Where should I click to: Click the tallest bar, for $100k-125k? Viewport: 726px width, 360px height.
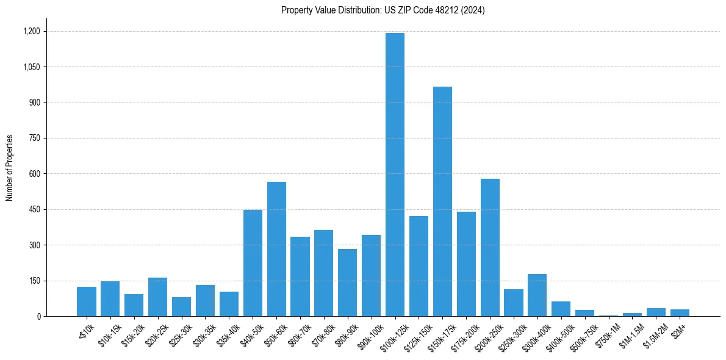click(x=395, y=175)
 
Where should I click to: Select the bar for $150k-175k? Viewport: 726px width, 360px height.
click(x=442, y=201)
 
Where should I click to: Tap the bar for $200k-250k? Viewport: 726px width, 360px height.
click(x=490, y=247)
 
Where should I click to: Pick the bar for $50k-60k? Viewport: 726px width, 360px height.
click(x=276, y=249)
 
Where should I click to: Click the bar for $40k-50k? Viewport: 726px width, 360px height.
click(x=253, y=263)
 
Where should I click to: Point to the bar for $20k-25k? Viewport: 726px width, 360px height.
click(x=157, y=297)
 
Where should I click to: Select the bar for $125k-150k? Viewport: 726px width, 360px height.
click(x=419, y=266)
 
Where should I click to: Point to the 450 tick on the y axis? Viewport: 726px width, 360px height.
click(x=35, y=209)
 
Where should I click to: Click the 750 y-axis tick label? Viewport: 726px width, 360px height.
click(x=35, y=138)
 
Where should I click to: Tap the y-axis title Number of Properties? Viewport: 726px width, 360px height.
click(x=9, y=168)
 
